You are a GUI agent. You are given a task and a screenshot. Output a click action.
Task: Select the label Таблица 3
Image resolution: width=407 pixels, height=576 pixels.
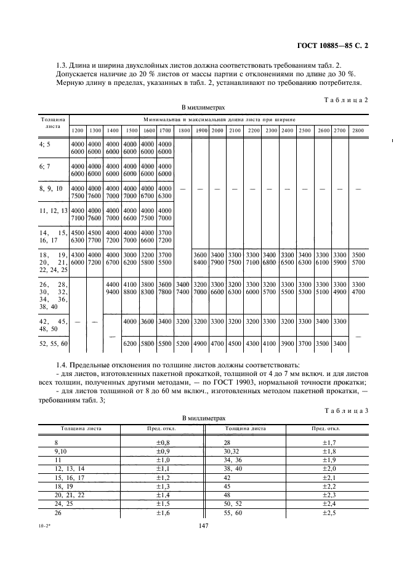tap(348, 411)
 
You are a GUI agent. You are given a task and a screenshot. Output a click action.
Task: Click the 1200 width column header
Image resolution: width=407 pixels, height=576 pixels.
tap(77, 131)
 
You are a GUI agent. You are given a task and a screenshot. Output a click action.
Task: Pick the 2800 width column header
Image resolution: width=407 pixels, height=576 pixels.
tap(358, 131)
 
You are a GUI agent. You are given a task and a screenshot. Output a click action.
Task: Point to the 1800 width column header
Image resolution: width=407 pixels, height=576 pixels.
tap(183, 131)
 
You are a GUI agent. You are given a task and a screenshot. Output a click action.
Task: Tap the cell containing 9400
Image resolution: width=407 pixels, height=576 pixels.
tap(113, 293)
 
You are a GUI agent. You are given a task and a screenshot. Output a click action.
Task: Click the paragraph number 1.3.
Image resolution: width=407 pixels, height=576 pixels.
tap(61, 66)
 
